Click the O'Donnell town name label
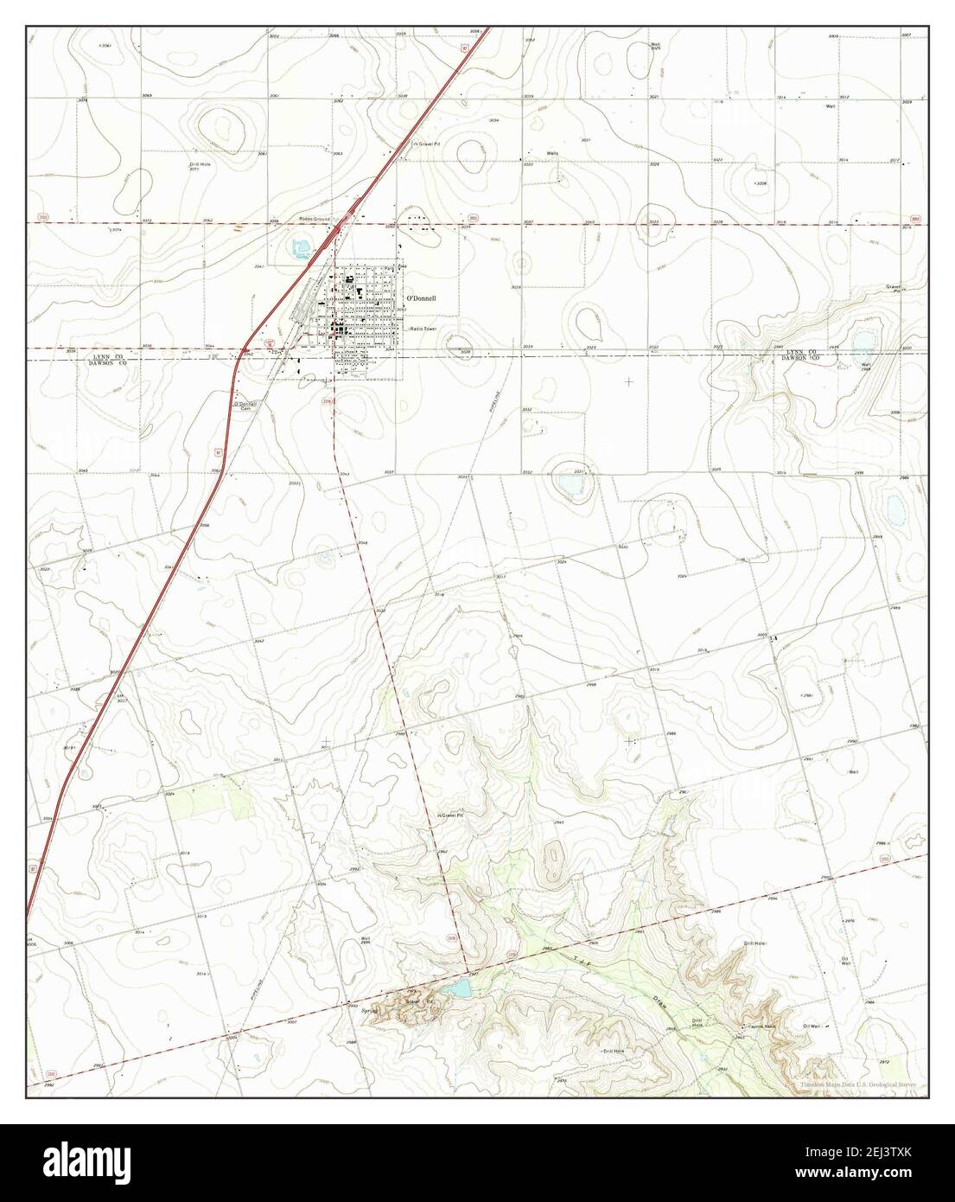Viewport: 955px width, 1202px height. (x=422, y=298)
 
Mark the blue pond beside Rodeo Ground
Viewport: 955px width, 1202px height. (x=300, y=251)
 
